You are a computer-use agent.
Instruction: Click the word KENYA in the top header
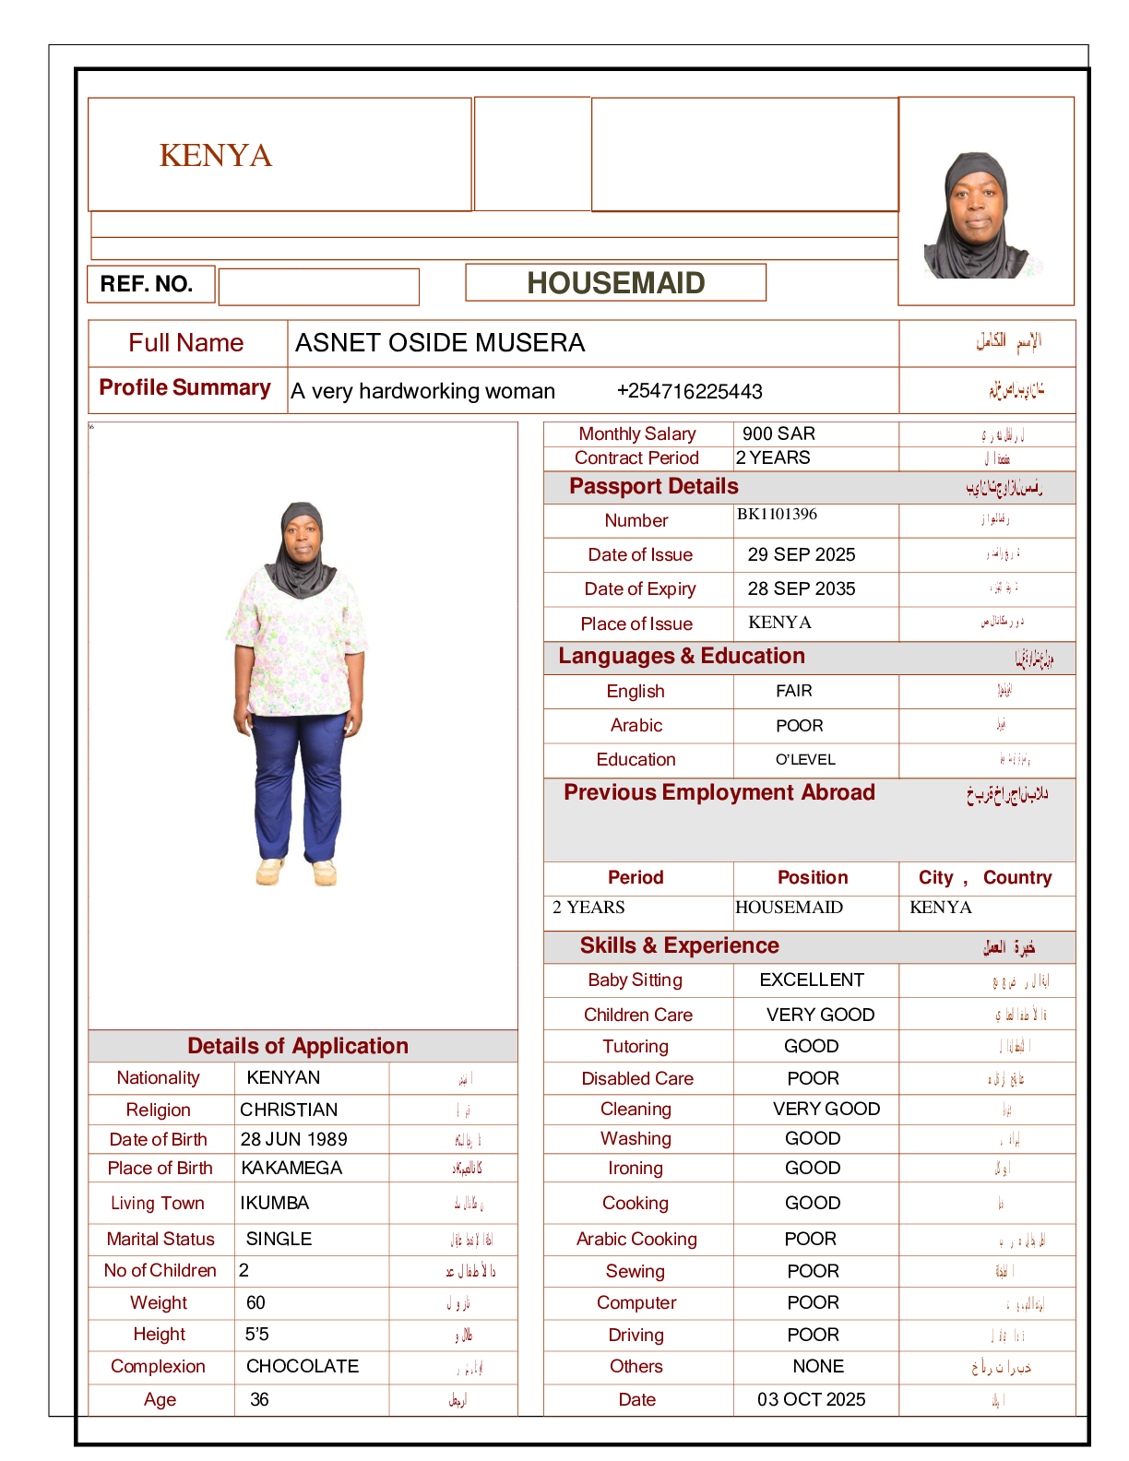pyautogui.click(x=216, y=155)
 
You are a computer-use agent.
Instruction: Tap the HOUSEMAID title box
pyautogui.click(x=615, y=283)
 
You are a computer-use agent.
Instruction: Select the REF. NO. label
pyautogui.click(x=147, y=284)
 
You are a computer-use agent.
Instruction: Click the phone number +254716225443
pyautogui.click(x=689, y=391)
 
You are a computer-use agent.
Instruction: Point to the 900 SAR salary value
pyautogui.click(x=778, y=434)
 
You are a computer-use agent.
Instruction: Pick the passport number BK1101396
pyautogui.click(x=777, y=514)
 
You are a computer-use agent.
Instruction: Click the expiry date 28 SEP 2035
pyautogui.click(x=801, y=588)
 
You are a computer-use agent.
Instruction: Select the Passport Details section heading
pyautogui.click(x=653, y=486)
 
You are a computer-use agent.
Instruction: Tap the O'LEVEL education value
pyautogui.click(x=805, y=760)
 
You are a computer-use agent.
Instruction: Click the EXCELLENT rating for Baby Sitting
pyautogui.click(x=812, y=980)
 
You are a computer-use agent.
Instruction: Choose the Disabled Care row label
pyautogui.click(x=637, y=1078)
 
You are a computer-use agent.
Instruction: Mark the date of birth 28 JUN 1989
pyautogui.click(x=293, y=1139)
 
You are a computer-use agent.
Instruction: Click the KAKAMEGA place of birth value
pyautogui.click(x=291, y=1168)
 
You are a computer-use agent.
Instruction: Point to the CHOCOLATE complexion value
pyautogui.click(x=303, y=1366)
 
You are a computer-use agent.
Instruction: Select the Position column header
pyautogui.click(x=813, y=877)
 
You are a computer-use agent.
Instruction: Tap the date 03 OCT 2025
pyautogui.click(x=811, y=1399)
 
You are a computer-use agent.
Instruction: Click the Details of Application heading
pyautogui.click(x=297, y=1046)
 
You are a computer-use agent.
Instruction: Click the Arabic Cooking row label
pyautogui.click(x=636, y=1239)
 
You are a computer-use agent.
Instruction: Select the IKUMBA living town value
pyautogui.click(x=274, y=1203)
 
